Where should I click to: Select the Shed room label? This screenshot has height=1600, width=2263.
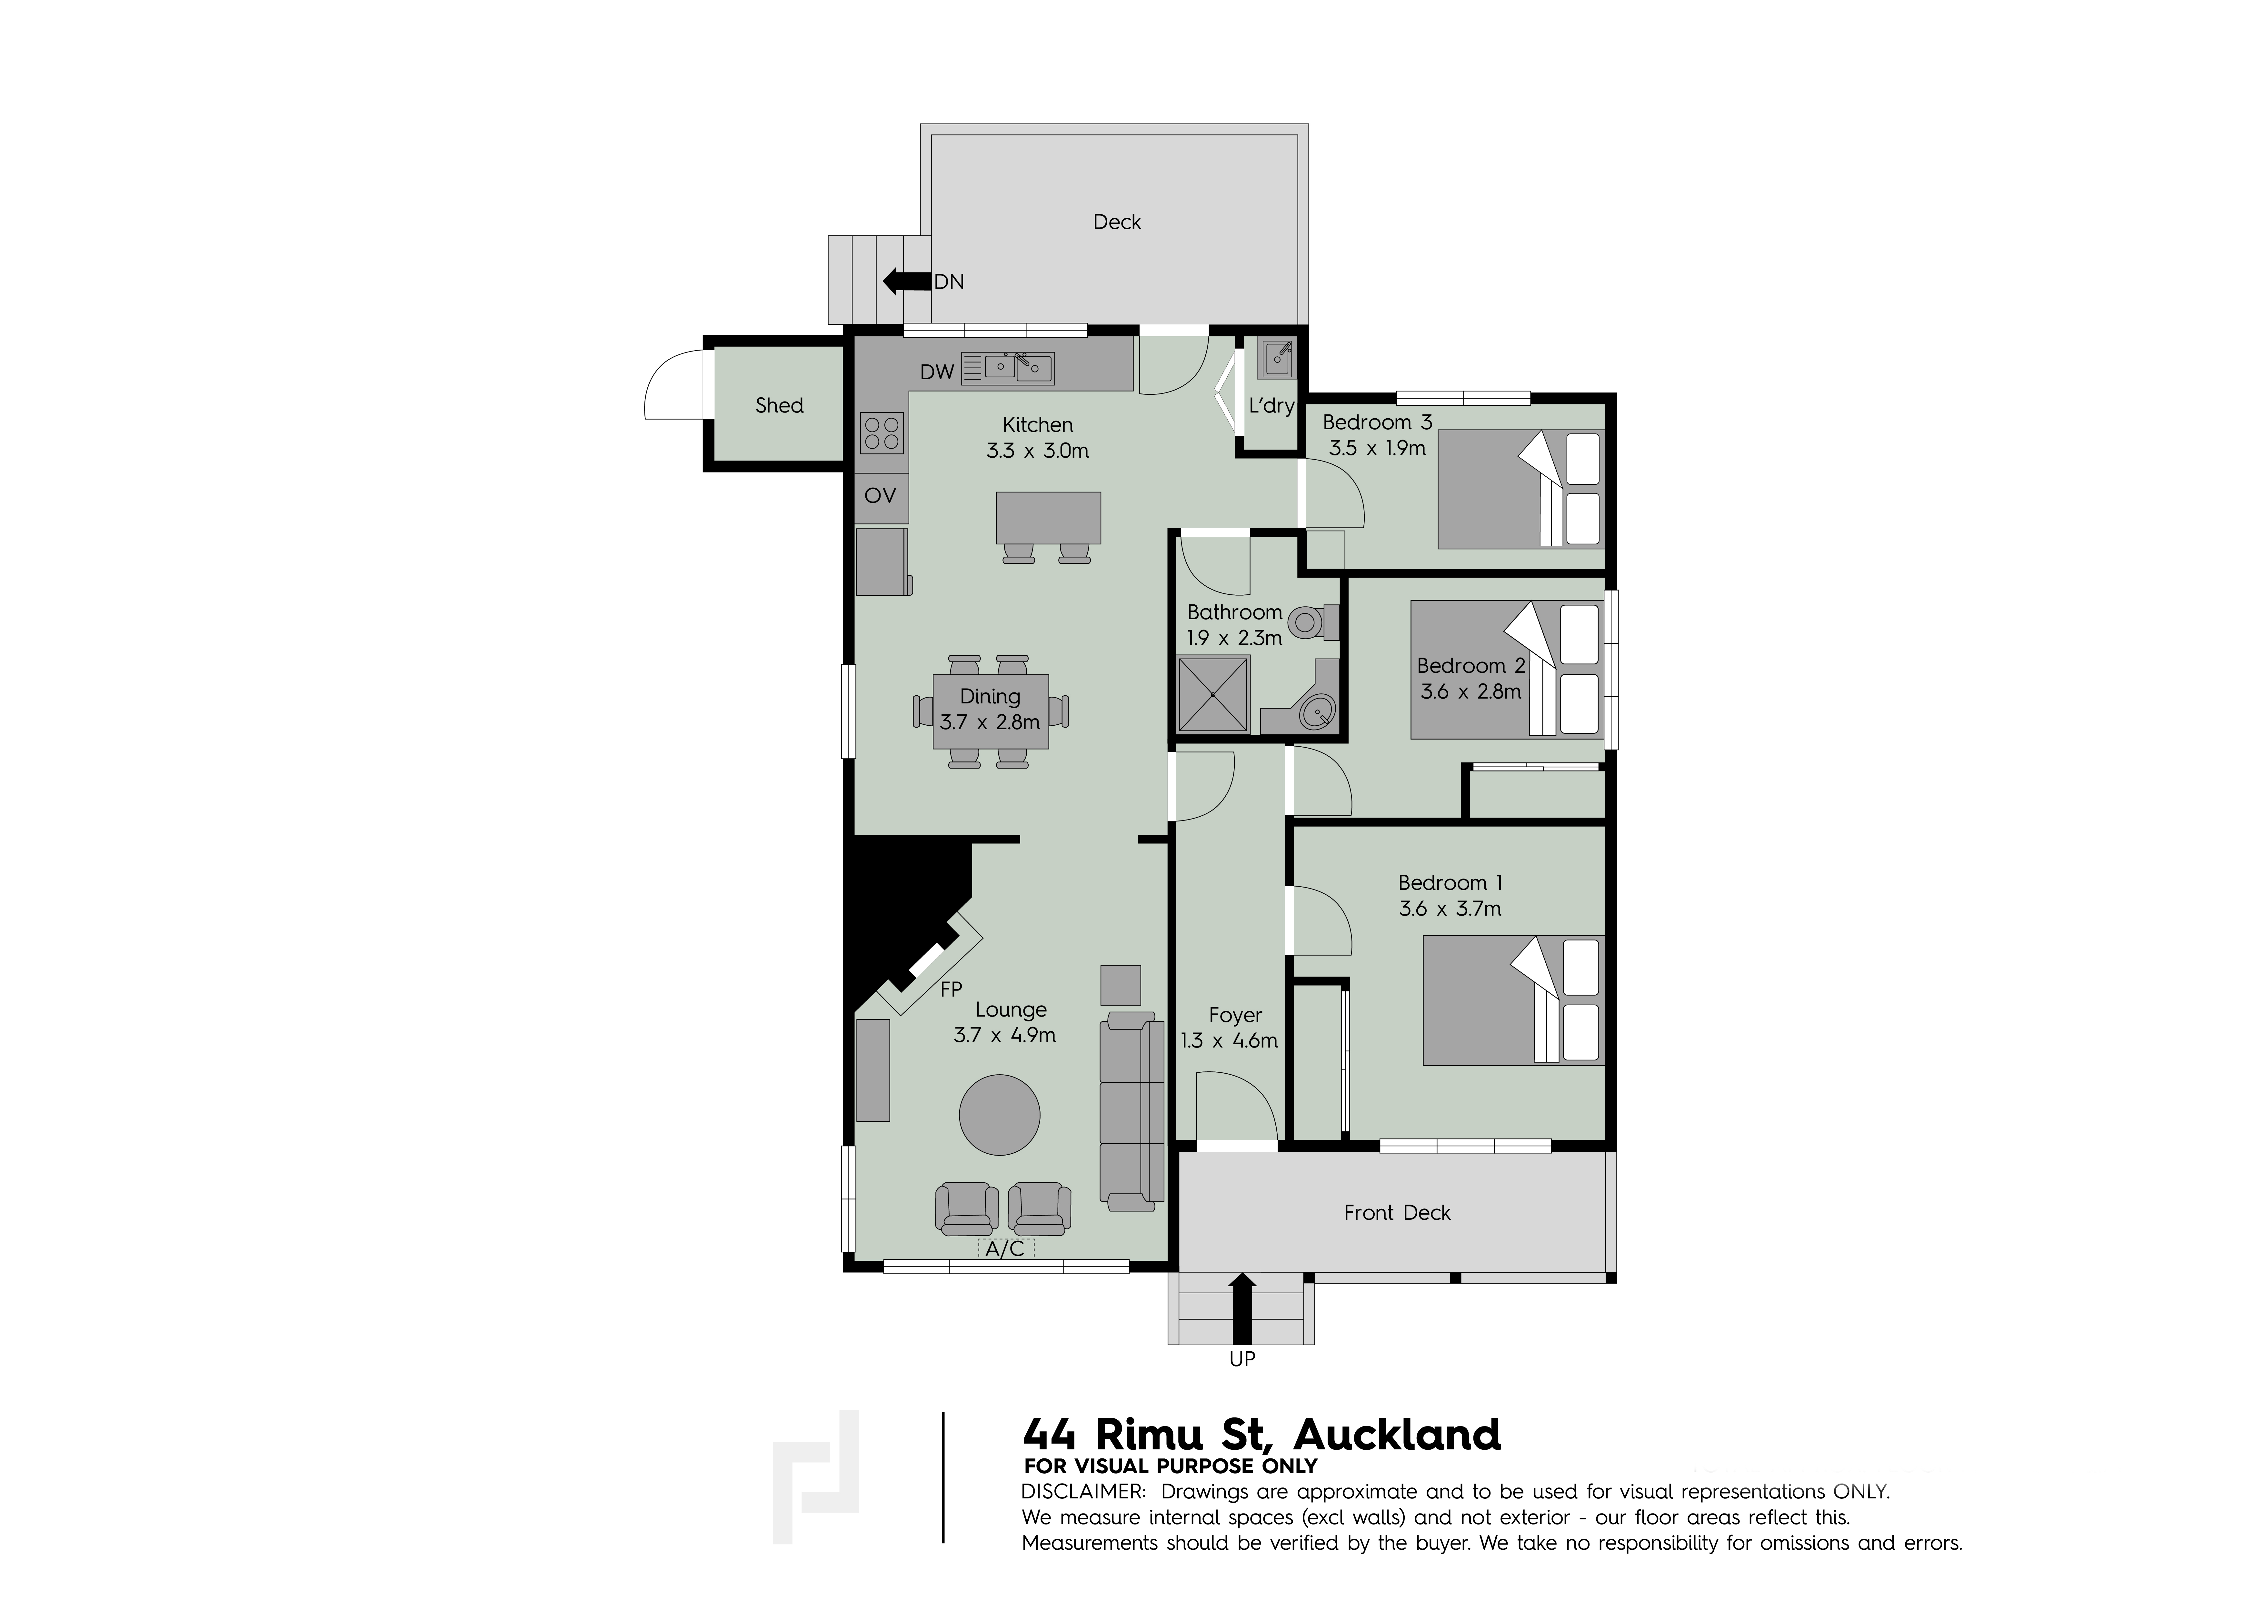779,405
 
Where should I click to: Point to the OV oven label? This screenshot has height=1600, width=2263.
880,495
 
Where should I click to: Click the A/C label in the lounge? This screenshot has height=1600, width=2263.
1005,1249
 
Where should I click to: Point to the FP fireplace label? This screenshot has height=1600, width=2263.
951,989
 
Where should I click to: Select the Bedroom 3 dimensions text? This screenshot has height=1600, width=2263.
1377,448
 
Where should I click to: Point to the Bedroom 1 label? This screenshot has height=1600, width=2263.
1450,882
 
